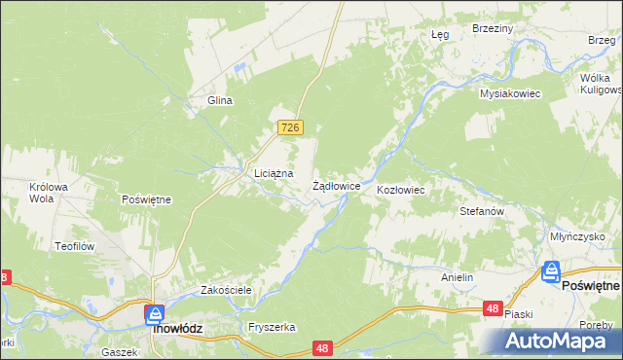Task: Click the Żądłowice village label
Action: pyautogui.click(x=337, y=185)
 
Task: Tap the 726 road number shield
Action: pyautogui.click(x=291, y=127)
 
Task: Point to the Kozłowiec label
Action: pyautogui.click(x=401, y=190)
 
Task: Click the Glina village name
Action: pyautogui.click(x=219, y=100)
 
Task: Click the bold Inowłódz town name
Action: pyautogui.click(x=178, y=329)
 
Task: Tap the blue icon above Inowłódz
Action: pyautogui.click(x=154, y=313)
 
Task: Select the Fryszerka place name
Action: pyautogui.click(x=272, y=327)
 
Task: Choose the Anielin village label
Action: pyautogui.click(x=457, y=277)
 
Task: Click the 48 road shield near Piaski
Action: pyautogui.click(x=493, y=308)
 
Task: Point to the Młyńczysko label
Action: pyautogui.click(x=577, y=236)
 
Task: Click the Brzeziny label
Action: pyautogui.click(x=492, y=29)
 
